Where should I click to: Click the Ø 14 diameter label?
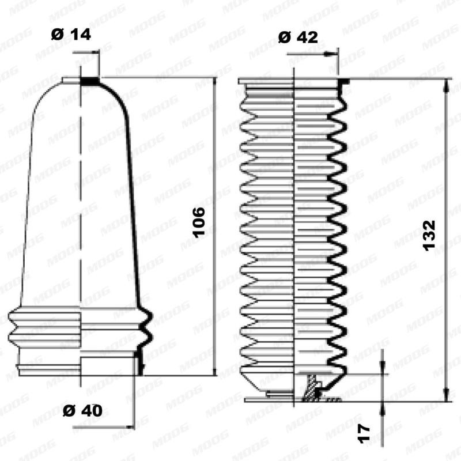click(x=71, y=34)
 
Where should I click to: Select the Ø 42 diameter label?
click(x=297, y=37)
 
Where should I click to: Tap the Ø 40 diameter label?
click(x=82, y=411)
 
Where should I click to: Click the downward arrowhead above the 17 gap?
click(x=383, y=369)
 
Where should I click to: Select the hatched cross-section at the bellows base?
click(x=312, y=387)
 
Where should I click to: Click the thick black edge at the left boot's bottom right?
click(x=138, y=363)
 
